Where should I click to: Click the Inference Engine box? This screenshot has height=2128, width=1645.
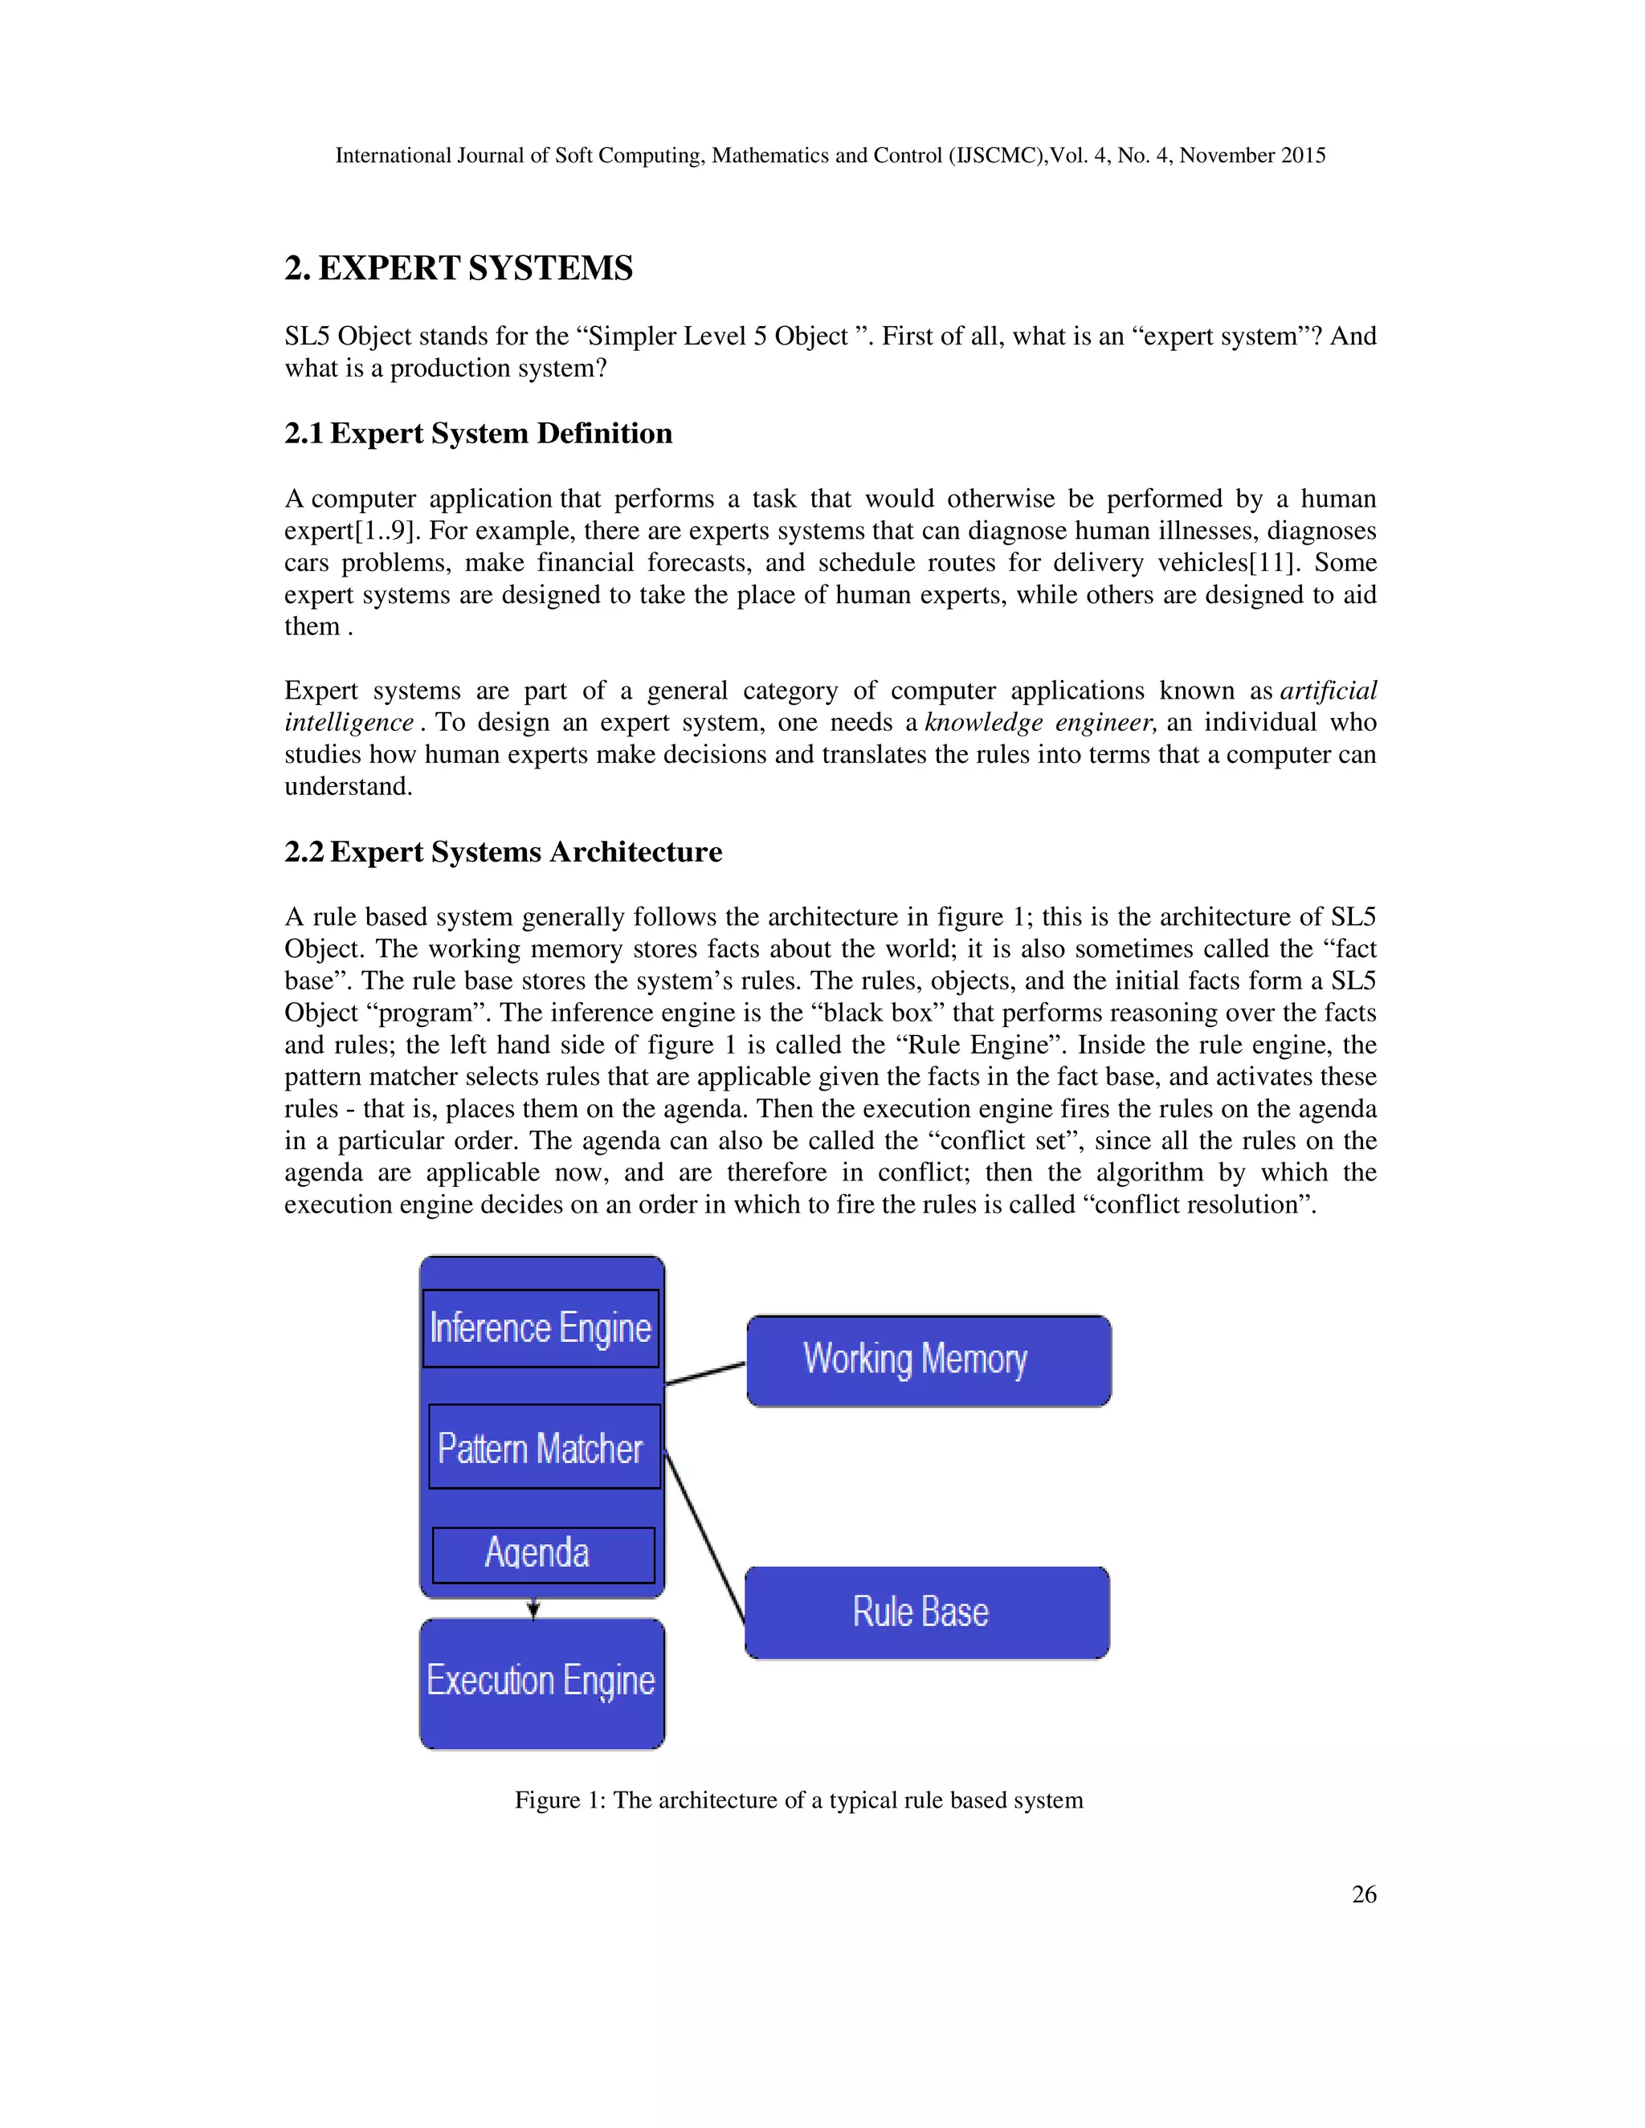(x=541, y=1328)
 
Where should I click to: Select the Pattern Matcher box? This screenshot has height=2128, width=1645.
(x=544, y=1447)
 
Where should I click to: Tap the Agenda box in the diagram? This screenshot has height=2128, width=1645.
(x=543, y=1554)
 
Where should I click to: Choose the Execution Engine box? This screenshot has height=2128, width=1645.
(x=542, y=1682)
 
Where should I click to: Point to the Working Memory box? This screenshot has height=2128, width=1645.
(x=929, y=1360)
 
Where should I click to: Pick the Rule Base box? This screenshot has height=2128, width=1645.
(x=927, y=1612)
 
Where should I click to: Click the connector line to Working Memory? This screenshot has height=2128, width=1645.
(x=704, y=1374)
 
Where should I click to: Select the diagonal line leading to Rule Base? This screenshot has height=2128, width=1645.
(x=704, y=1536)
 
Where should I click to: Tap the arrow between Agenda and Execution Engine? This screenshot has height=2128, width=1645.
(x=533, y=1608)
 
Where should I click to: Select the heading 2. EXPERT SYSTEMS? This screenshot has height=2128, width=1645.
(x=459, y=268)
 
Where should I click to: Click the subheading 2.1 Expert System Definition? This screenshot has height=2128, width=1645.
(x=479, y=434)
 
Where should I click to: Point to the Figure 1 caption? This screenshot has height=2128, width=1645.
(x=798, y=1800)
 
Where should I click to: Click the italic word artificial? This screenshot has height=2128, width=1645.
(x=1327, y=691)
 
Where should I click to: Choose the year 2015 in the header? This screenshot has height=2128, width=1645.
(x=1303, y=156)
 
